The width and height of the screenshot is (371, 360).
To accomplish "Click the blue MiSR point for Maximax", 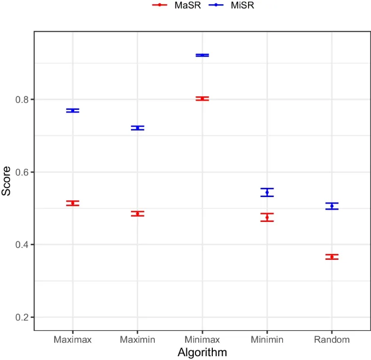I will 73,110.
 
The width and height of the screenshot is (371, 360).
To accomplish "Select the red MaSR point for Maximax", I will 73,203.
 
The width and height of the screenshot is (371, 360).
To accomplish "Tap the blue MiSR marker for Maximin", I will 138,128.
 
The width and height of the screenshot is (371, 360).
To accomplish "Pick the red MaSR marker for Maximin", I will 138,214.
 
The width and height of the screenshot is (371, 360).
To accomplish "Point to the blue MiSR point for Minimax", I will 202,55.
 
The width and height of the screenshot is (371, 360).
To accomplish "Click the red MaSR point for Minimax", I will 202,99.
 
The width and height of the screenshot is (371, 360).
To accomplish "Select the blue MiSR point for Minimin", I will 267,192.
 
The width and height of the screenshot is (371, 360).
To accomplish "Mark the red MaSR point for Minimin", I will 267,217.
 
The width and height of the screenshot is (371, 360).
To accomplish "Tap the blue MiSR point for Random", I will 332,206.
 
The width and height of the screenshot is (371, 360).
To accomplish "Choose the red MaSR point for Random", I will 332,257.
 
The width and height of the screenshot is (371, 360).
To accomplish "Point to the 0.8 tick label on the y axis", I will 23,100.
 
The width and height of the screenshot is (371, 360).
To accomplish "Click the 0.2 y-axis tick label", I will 23,317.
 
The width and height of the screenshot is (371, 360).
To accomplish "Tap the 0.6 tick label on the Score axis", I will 23,172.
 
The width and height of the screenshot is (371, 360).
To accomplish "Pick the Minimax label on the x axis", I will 202,339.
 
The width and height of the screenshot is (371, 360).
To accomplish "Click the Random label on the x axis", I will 332,339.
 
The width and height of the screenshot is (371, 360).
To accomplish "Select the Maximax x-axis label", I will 73,339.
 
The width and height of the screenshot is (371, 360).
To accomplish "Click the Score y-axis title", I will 6,181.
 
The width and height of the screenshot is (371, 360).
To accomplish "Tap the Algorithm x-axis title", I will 202,352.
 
